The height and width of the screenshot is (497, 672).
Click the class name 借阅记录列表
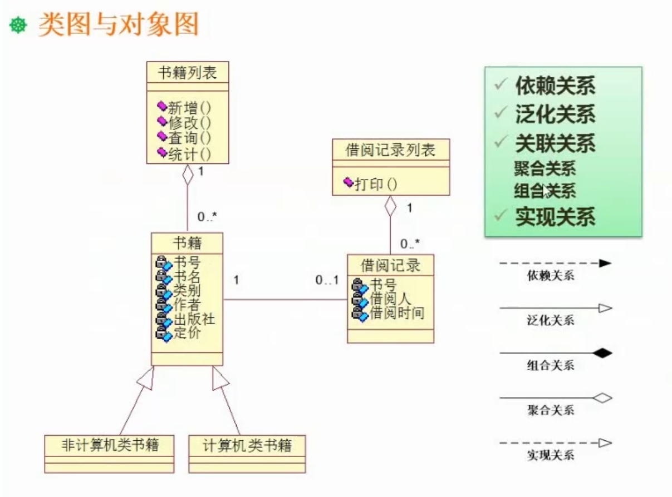(x=390, y=150)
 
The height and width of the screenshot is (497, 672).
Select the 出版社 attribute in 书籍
(x=194, y=320)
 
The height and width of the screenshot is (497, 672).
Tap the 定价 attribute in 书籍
(x=187, y=334)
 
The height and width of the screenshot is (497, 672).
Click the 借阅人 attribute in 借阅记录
(x=390, y=300)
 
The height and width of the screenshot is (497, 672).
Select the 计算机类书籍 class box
(x=247, y=446)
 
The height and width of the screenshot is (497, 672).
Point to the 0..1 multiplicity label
(x=327, y=281)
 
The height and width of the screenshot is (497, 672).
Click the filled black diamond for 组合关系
(x=602, y=353)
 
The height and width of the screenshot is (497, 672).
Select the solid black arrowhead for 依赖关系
(x=605, y=264)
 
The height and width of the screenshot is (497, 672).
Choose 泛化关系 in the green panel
(x=555, y=114)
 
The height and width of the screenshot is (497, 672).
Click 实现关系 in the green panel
(x=555, y=216)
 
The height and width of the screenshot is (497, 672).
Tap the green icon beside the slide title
(x=18, y=26)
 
